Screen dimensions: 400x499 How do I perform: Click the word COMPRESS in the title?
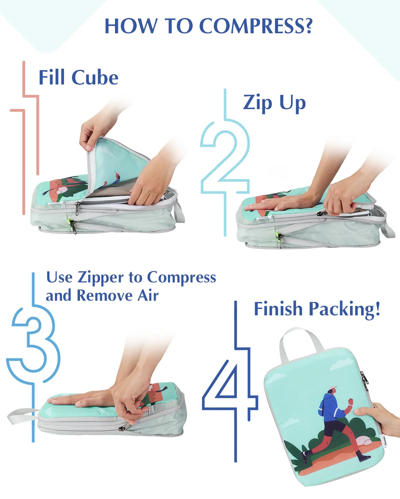[x=256, y=26]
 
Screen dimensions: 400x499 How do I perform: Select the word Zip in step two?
[x=257, y=103]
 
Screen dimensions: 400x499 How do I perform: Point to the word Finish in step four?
[x=278, y=309]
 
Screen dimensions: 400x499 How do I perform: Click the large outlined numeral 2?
[x=225, y=162]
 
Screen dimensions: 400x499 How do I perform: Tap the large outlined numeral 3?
[x=33, y=357]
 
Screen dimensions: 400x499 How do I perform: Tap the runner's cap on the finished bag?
[x=333, y=389]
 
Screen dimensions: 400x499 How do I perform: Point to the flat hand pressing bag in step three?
[x=79, y=399]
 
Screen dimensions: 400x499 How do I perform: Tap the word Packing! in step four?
[x=344, y=309]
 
